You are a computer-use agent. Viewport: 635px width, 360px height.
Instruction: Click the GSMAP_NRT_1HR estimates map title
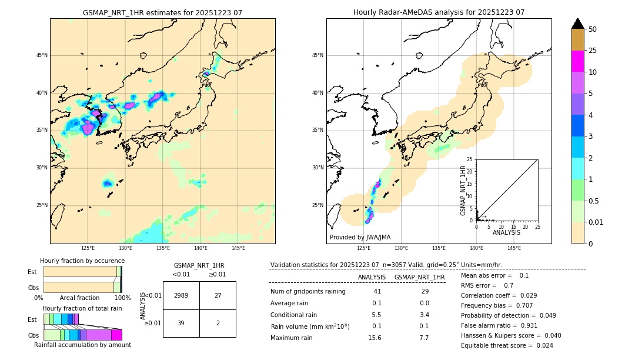click(x=162, y=12)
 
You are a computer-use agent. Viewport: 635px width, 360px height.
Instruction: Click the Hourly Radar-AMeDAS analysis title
click(x=439, y=12)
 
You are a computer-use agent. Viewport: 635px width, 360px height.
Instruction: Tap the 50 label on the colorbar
click(x=593, y=29)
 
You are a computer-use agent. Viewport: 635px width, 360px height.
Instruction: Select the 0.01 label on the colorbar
click(x=596, y=222)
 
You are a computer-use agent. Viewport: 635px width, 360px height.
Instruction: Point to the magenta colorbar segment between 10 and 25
click(x=577, y=61)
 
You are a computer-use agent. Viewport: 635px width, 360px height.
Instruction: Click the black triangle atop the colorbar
click(x=577, y=24)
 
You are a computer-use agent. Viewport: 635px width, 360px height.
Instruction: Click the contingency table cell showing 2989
click(x=181, y=295)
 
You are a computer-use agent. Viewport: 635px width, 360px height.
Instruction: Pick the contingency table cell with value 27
click(x=218, y=295)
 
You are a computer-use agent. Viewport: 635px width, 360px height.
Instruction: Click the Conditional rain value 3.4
click(x=425, y=315)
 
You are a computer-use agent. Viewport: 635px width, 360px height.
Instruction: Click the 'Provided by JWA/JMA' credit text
click(x=360, y=238)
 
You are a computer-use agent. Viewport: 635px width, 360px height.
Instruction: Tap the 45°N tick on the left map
click(x=42, y=55)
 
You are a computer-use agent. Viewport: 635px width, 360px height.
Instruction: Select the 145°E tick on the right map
click(x=514, y=248)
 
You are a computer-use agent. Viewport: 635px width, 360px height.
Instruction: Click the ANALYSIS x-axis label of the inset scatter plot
click(x=506, y=232)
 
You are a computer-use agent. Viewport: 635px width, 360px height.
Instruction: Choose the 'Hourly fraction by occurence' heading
click(x=82, y=261)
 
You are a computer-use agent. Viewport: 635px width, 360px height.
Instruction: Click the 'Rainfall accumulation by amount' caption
click(x=82, y=345)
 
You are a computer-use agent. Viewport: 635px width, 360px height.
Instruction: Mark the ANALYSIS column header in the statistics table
click(x=372, y=277)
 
